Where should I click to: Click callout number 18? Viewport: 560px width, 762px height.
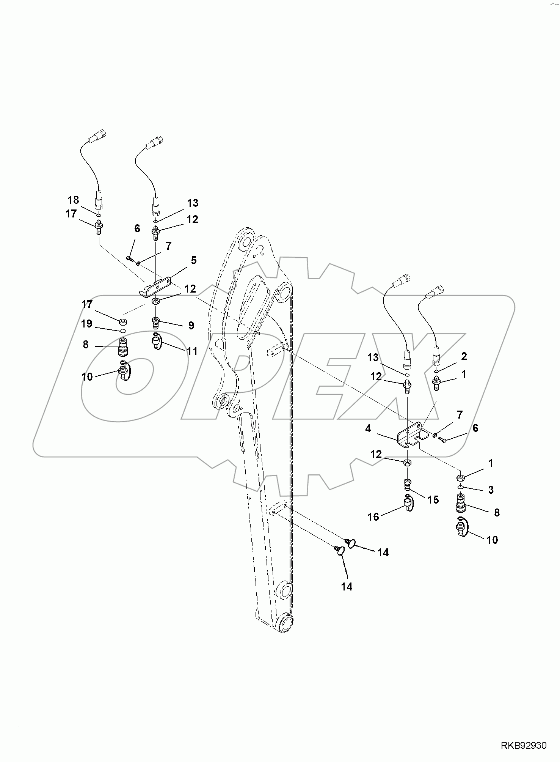point(73,200)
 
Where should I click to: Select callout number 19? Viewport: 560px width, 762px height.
point(86,324)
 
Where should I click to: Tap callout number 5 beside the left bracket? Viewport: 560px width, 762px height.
point(193,260)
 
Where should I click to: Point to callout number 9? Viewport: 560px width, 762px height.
point(191,326)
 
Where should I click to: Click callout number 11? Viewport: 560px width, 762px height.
point(193,351)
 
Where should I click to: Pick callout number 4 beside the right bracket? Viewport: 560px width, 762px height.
point(368,428)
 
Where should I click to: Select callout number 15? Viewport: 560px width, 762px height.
point(433,500)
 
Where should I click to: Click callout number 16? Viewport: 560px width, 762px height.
point(373,517)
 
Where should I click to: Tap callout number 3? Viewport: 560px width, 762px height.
point(491,490)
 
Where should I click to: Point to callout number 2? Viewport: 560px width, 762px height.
point(464,356)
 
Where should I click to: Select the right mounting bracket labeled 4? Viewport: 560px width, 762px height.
point(412,434)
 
